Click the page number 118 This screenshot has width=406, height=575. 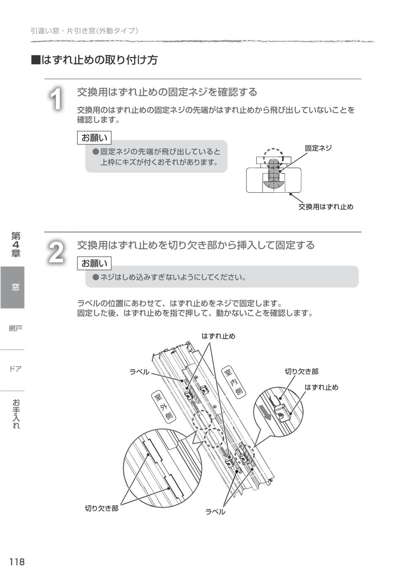point(17,562)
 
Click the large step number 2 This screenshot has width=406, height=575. point(56,253)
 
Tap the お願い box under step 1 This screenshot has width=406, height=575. point(94,138)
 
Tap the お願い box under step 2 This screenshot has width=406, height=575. point(94,263)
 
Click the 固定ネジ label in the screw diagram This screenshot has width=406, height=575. point(318,148)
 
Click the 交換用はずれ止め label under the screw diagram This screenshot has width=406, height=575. point(326,207)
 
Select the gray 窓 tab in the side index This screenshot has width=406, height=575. point(13,287)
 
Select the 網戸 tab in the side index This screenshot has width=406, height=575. point(15,328)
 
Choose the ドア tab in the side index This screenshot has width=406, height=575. point(15,369)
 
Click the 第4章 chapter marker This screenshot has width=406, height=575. point(16,245)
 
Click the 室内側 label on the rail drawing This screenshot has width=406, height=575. point(233,382)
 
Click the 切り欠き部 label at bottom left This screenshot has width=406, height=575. point(101,508)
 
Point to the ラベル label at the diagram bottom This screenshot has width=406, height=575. point(215,511)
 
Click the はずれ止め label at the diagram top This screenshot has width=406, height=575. point(218,336)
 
